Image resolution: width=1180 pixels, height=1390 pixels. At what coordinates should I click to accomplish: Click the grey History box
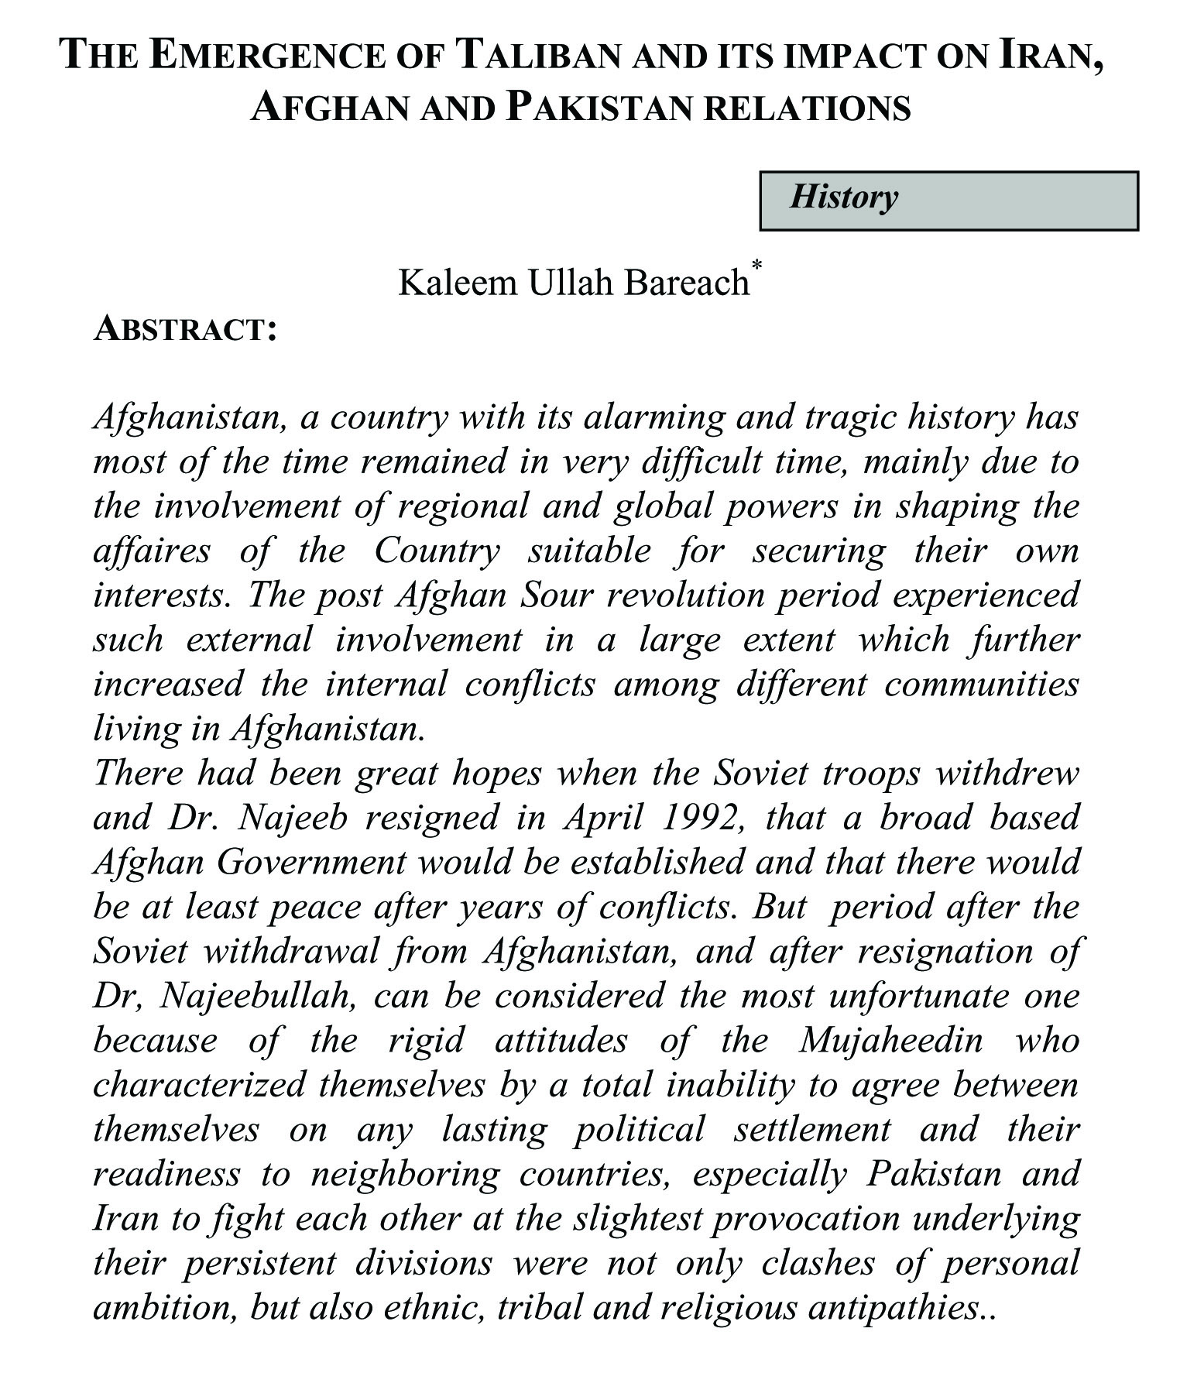point(948,201)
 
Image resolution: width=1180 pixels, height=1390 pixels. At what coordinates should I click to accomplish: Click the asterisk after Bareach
point(756,266)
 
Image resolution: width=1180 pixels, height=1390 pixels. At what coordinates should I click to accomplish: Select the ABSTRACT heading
point(184,328)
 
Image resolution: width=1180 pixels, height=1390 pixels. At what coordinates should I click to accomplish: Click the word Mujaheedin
point(890,1040)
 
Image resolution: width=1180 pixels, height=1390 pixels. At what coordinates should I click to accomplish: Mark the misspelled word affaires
point(152,551)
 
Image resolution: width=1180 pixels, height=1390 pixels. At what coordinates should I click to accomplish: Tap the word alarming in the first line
point(650,417)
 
